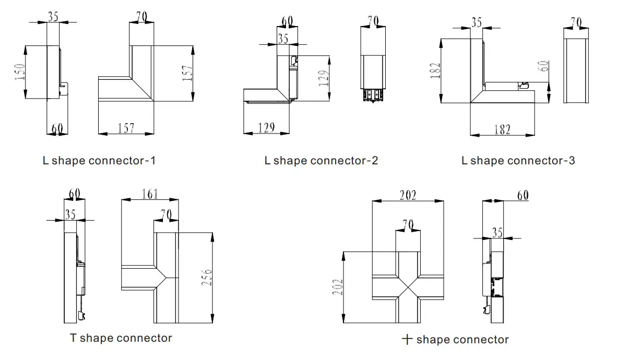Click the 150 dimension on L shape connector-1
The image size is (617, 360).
pos(19,71)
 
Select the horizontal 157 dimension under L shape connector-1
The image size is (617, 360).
pos(126,127)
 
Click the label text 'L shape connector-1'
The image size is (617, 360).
pos(99,160)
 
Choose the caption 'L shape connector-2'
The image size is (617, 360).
pos(321,160)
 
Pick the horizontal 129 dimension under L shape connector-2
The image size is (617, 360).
pos(266,127)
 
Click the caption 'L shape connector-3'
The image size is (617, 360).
pos(518,160)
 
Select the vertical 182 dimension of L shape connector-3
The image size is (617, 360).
pos(436,70)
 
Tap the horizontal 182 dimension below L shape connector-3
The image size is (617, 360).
pos(502,129)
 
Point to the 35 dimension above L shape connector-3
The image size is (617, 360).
pos(476,22)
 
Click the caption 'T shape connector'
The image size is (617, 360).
pos(121,338)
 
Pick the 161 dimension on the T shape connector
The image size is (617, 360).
pos(150,194)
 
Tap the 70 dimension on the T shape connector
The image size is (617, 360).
pos(167,214)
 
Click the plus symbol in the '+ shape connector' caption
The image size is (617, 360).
pos(407,340)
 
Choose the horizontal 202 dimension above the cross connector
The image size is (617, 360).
pos(408,196)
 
